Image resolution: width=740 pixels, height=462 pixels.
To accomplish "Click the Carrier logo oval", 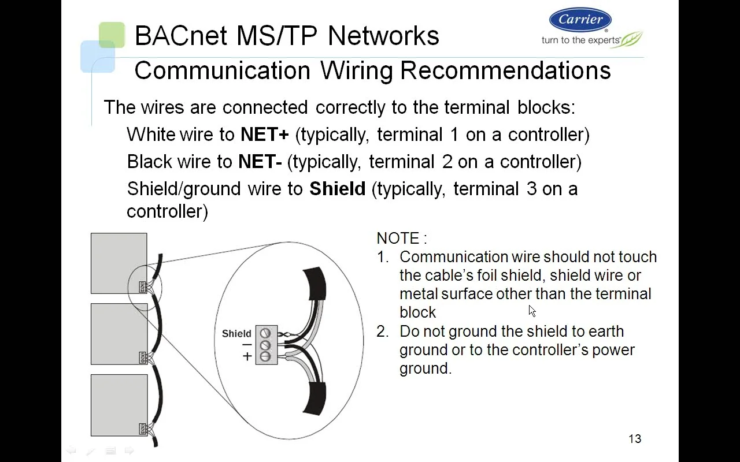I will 580,20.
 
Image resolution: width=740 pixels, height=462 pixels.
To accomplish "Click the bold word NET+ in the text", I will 264,135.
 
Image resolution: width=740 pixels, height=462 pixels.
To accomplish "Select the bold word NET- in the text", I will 260,162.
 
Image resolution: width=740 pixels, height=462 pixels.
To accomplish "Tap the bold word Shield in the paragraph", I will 337,189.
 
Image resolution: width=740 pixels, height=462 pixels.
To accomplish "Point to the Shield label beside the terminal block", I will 236,333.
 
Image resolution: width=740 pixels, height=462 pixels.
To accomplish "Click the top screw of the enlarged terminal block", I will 265,333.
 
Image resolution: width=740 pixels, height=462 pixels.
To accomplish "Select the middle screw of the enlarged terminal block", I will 265,345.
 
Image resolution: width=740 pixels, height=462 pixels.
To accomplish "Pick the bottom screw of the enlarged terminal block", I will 265,357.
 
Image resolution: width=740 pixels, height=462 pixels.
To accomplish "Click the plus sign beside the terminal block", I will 247,356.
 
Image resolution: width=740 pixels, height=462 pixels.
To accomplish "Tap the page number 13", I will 635,439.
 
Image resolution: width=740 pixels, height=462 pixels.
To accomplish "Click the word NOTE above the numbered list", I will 398,239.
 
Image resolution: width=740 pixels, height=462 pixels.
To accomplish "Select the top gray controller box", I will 119,263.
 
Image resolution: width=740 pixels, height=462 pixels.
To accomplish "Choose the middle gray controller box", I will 119,334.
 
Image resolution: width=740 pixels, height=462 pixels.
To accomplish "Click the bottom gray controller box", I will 119,405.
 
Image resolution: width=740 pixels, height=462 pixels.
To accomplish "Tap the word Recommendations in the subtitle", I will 505,70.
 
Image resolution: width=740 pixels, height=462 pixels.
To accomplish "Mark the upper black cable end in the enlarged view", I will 314,283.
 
